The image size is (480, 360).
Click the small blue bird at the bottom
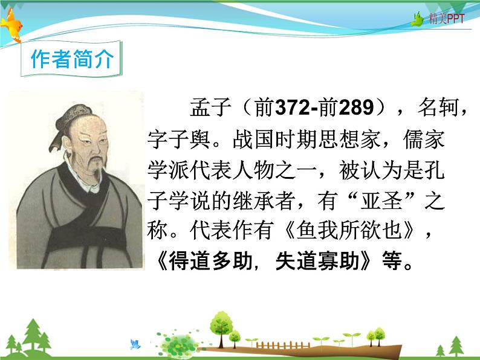click(x=135, y=344)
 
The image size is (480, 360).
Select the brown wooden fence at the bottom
click(x=277, y=346)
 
